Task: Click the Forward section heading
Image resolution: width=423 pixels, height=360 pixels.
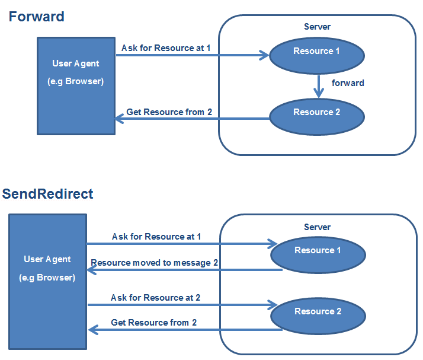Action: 36,17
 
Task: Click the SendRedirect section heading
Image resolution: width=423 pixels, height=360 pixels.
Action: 47,194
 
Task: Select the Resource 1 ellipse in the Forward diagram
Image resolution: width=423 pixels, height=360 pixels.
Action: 316,56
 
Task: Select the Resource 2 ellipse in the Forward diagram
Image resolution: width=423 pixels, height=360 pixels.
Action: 316,116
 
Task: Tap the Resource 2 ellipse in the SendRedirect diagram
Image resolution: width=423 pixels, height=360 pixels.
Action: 318,316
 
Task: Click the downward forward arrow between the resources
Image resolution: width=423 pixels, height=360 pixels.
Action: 319,86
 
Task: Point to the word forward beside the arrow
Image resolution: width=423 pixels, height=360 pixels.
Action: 348,83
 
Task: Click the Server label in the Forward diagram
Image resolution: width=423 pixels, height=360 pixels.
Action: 317,27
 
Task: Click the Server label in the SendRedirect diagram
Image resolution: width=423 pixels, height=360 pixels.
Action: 317,227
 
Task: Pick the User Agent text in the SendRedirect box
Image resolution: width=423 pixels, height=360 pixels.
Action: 47,259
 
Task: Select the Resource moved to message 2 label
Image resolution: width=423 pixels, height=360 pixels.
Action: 150,263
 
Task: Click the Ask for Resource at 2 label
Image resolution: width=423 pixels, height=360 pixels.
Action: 155,298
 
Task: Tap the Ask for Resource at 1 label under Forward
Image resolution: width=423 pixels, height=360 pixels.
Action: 166,47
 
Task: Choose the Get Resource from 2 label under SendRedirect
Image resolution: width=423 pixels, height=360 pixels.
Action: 154,323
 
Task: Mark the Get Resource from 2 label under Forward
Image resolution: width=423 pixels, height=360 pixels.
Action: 169,112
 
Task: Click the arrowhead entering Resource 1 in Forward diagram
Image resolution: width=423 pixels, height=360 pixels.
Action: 264,56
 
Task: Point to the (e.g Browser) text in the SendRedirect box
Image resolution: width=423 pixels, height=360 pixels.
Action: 47,278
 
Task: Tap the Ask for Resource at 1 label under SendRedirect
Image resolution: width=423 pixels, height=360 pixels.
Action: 156,237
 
